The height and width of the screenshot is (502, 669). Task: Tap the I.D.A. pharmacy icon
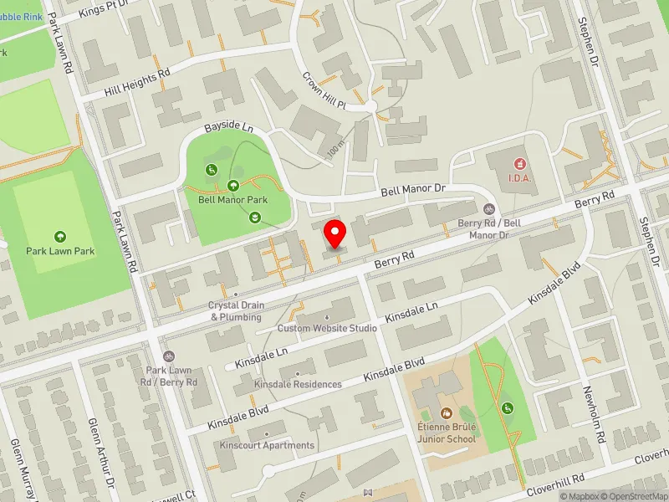(x=519, y=162)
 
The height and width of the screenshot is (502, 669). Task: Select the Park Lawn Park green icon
(x=59, y=237)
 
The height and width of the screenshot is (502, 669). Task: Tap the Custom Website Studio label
(x=327, y=328)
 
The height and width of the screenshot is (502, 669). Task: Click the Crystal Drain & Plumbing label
(x=237, y=311)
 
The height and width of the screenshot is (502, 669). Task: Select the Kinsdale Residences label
(x=299, y=384)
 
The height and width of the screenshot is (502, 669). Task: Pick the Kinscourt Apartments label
(x=267, y=445)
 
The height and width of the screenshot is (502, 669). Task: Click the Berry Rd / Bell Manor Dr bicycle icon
(x=489, y=209)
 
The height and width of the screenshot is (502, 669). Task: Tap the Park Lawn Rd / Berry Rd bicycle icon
(x=169, y=356)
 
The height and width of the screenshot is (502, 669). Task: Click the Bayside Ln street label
(x=228, y=128)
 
